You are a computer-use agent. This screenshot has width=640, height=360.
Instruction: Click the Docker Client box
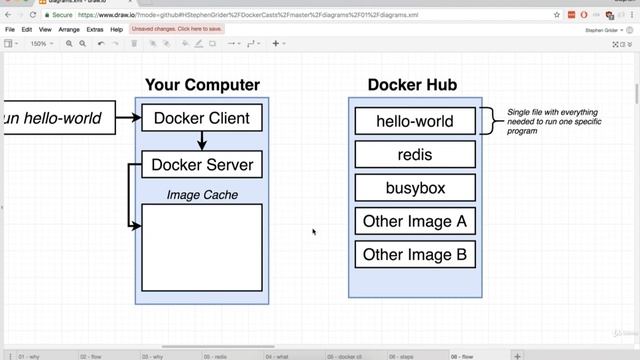(x=202, y=118)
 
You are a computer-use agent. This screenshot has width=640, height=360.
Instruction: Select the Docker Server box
(x=202, y=164)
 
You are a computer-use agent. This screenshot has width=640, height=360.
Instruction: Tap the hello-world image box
(x=415, y=121)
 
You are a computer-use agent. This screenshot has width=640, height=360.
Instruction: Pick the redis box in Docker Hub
(x=415, y=154)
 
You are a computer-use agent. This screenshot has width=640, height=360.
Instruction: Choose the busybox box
(x=415, y=187)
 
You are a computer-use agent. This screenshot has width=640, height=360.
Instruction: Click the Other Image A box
(x=415, y=221)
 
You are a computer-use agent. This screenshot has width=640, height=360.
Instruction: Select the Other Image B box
(x=415, y=254)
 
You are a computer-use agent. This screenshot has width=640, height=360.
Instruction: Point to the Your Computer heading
(x=202, y=85)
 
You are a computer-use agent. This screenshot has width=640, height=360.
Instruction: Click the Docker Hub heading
(x=413, y=85)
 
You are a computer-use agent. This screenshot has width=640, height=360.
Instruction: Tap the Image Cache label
(x=202, y=195)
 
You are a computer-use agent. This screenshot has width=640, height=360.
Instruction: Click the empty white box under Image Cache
(x=202, y=247)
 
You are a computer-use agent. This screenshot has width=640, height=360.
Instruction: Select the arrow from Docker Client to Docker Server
(x=202, y=141)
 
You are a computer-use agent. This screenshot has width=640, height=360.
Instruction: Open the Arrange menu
(x=69, y=30)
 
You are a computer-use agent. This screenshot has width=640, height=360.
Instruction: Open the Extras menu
(x=95, y=30)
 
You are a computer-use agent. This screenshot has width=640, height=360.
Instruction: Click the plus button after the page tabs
(x=517, y=355)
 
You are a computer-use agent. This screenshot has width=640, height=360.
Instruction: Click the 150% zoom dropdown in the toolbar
(x=39, y=44)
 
